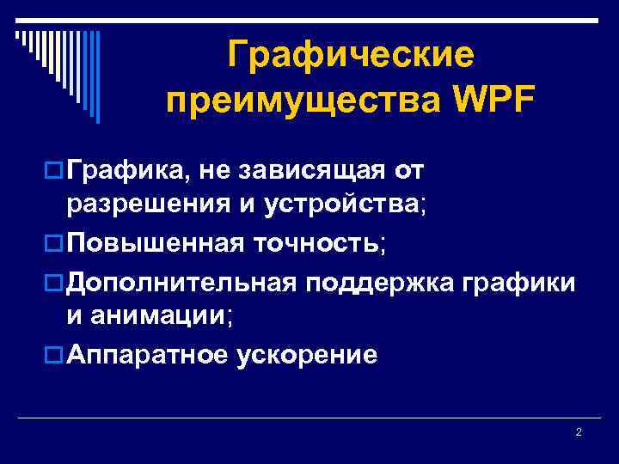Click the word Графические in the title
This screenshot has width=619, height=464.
[x=351, y=57]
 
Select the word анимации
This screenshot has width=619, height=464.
[x=150, y=317]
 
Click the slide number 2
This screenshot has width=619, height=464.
[x=579, y=431]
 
